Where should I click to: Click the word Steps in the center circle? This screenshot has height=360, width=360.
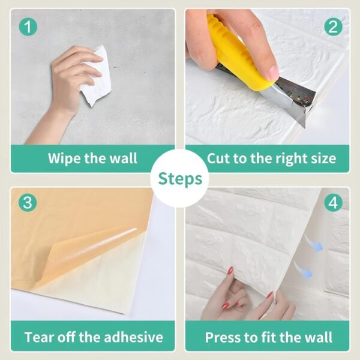[180, 179]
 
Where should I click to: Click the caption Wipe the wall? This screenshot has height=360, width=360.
[92, 159]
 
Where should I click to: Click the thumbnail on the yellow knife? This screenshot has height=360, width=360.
[273, 73]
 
